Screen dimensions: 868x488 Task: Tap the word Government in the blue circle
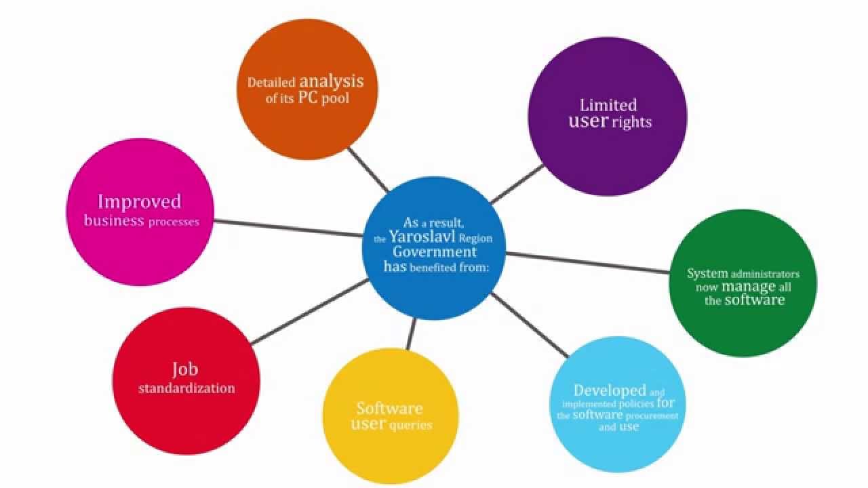(x=435, y=252)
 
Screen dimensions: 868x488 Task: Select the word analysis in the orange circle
(x=332, y=82)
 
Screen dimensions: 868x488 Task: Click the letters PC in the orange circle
(x=309, y=98)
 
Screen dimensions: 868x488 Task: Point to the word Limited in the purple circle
(x=608, y=105)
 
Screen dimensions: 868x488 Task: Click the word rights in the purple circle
(x=631, y=123)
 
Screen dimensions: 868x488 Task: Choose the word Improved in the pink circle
(x=140, y=201)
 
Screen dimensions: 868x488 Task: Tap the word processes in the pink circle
(x=174, y=222)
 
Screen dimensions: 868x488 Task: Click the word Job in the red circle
(x=184, y=369)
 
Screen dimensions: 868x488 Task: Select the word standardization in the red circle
(x=186, y=388)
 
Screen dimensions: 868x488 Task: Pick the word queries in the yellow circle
(x=411, y=426)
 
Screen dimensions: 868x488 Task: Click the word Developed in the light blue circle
(x=610, y=390)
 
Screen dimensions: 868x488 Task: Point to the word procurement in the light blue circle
(x=654, y=415)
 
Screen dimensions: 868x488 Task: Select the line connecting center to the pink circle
(x=288, y=228)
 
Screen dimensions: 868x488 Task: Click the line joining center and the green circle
(x=587, y=262)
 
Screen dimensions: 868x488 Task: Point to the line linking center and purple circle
(x=517, y=184)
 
